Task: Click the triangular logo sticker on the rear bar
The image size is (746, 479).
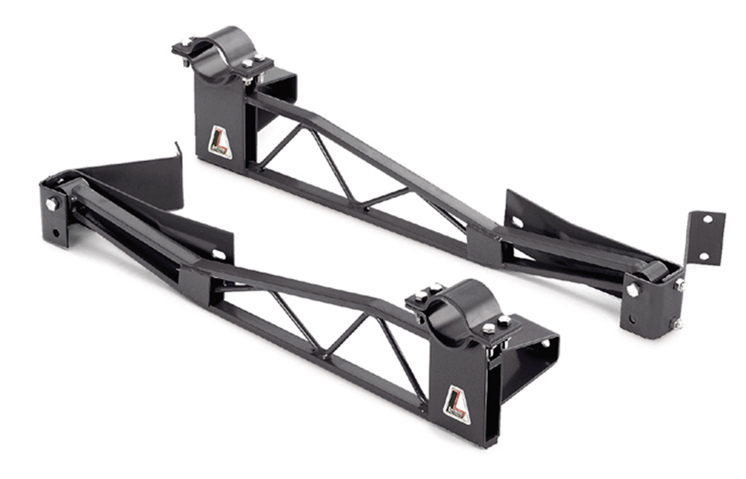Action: point(218,141)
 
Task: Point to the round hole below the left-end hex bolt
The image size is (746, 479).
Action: point(56,233)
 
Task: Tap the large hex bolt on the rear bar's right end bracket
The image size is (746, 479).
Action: point(632,290)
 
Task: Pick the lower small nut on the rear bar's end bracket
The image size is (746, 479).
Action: point(678,323)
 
